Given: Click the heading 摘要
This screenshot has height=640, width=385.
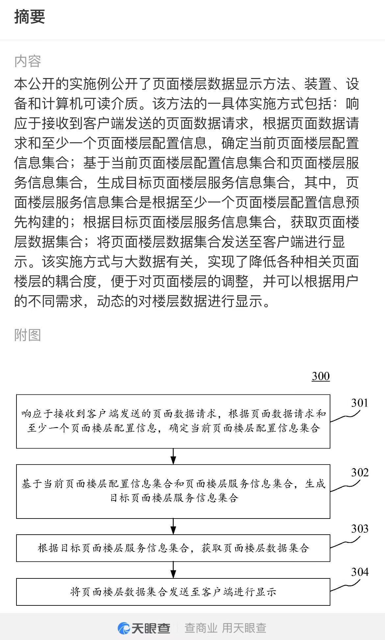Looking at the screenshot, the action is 30,16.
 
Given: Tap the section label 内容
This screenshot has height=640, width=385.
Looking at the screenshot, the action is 28,61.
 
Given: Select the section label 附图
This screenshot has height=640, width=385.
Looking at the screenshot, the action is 28,335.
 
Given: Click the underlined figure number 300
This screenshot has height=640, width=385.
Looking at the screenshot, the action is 321,376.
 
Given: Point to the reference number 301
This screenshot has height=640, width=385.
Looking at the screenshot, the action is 359,403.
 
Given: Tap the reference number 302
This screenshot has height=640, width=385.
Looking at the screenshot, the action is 360,472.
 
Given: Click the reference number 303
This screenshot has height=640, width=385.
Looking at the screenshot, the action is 360,529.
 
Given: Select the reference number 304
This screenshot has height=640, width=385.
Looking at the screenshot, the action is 360,572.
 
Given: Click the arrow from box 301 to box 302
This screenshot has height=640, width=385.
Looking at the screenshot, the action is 173,456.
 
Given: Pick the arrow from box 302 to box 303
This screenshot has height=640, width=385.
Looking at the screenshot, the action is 173,526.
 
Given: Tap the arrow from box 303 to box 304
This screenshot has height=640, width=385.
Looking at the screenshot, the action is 173,570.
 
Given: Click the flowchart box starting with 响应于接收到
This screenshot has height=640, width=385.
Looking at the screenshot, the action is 173,421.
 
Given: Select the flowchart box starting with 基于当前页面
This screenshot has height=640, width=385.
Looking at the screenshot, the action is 173,492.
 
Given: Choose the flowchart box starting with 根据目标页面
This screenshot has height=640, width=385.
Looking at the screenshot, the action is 173,548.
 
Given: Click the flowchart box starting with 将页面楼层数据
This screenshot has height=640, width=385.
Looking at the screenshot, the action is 173,592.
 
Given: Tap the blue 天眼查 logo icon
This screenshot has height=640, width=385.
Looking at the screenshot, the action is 124,628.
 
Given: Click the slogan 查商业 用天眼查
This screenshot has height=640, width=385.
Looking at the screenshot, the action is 225,628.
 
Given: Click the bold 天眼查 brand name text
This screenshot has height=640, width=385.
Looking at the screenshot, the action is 151,628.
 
